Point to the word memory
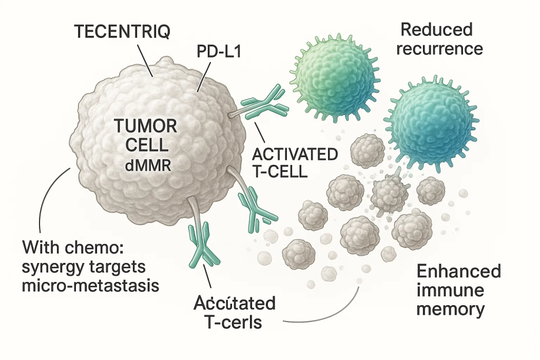[450, 309]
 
